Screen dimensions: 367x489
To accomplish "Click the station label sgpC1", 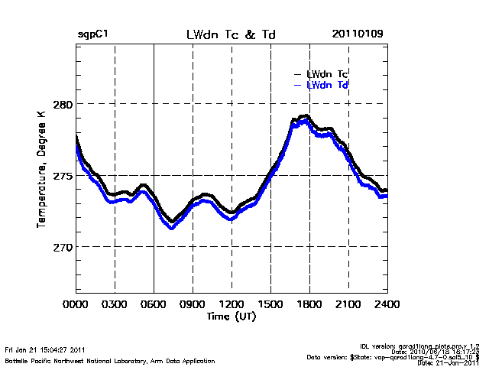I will point(92,35).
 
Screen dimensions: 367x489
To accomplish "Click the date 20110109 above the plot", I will point(358,35).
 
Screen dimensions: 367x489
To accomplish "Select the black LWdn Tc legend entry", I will point(328,74).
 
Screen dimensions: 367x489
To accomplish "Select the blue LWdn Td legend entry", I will point(328,85).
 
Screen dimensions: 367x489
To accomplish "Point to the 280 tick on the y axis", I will point(61,103).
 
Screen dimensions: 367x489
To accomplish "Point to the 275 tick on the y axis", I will point(61,175).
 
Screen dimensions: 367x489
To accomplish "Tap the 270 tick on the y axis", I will point(61,247).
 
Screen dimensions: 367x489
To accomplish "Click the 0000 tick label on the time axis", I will point(76,304).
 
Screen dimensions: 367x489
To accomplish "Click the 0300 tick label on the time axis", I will point(115,304).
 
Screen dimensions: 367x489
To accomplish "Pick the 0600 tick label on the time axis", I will point(154,304).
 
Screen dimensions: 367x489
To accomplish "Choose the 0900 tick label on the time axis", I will point(193,304).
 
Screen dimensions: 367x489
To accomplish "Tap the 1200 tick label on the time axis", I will point(232,304).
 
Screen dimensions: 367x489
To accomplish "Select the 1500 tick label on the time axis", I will point(270,304).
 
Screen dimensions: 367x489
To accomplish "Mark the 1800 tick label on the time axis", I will point(309,304).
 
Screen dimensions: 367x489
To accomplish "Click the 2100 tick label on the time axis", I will point(348,304).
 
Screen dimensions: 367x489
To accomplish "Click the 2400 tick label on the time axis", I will point(387,304).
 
